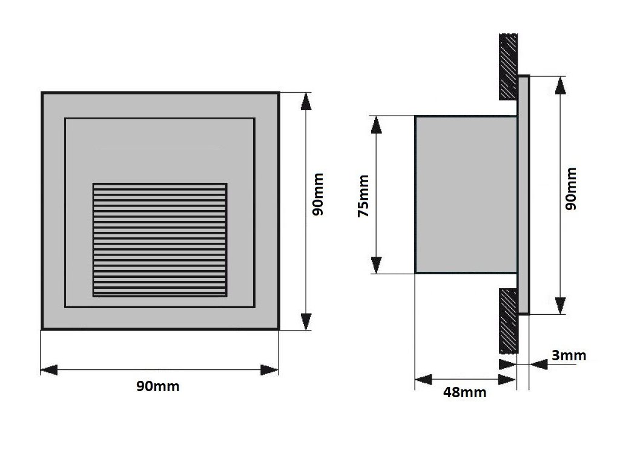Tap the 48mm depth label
click(x=464, y=392)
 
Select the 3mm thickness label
click(x=569, y=355)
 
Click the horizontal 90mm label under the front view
click(x=157, y=386)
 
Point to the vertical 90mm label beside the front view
click(x=318, y=194)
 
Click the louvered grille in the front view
click(x=160, y=239)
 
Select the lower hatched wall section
click(x=508, y=321)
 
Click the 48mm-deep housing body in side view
click(x=465, y=194)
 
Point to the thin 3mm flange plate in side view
click(x=524, y=194)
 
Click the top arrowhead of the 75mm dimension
click(x=376, y=125)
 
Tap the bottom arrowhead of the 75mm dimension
click(x=376, y=265)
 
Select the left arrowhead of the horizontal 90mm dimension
click(x=49, y=369)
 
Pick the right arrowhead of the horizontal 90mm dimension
click(x=269, y=369)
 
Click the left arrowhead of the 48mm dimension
click(x=423, y=380)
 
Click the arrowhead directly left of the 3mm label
click(x=538, y=363)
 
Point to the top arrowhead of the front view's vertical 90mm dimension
click(x=306, y=102)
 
